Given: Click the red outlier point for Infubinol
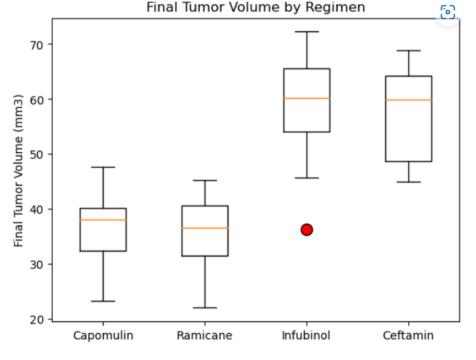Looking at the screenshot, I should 307,229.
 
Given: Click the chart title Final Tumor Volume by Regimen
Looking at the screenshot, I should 255,8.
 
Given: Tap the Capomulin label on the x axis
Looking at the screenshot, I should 103,334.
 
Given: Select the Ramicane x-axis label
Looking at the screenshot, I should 205,334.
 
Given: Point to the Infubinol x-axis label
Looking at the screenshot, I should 307,334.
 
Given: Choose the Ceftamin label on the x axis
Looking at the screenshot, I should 408,334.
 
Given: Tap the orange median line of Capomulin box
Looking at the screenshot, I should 103,220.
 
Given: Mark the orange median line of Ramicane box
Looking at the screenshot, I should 205,228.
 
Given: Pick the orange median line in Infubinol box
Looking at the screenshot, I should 307,98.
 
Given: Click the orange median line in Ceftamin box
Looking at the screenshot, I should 408,100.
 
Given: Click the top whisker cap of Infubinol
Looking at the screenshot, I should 307,31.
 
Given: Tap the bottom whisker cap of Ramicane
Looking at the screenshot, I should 205,308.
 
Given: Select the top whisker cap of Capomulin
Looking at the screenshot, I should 103,167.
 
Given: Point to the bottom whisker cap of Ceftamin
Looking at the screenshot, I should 408,182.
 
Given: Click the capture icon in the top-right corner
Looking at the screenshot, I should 447,11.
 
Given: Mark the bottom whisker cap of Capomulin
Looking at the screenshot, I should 103,301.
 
